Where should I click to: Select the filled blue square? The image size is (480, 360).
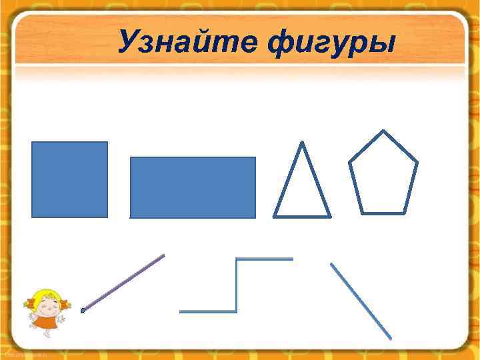[69, 179]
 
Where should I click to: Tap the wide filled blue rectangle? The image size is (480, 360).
[193, 187]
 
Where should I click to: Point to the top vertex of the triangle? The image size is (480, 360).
[302, 143]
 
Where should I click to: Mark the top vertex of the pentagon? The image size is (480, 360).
[383, 131]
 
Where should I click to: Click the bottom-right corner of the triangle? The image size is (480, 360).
[329, 215]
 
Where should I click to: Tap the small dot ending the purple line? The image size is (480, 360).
[83, 311]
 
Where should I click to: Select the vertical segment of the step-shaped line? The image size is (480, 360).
[237, 285]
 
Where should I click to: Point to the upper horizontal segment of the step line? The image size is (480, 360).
[265, 259]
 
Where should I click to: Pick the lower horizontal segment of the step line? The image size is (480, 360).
[208, 311]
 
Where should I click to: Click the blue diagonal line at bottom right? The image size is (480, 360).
[361, 301]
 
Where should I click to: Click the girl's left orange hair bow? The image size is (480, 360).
[29, 305]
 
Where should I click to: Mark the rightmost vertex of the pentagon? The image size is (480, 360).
[417, 162]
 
